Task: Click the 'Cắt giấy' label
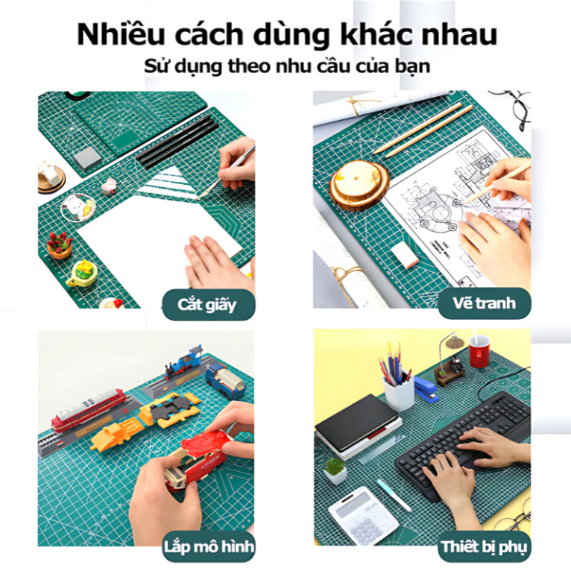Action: click(x=206, y=305)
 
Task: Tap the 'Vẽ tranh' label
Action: click(x=485, y=303)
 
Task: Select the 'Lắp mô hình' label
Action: click(x=209, y=547)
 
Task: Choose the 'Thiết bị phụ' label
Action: click(x=485, y=547)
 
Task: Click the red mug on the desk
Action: click(x=479, y=351)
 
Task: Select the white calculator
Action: click(x=364, y=515)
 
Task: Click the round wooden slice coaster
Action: click(x=359, y=185)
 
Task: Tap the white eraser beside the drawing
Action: click(x=404, y=255)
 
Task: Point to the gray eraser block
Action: click(x=87, y=159)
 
